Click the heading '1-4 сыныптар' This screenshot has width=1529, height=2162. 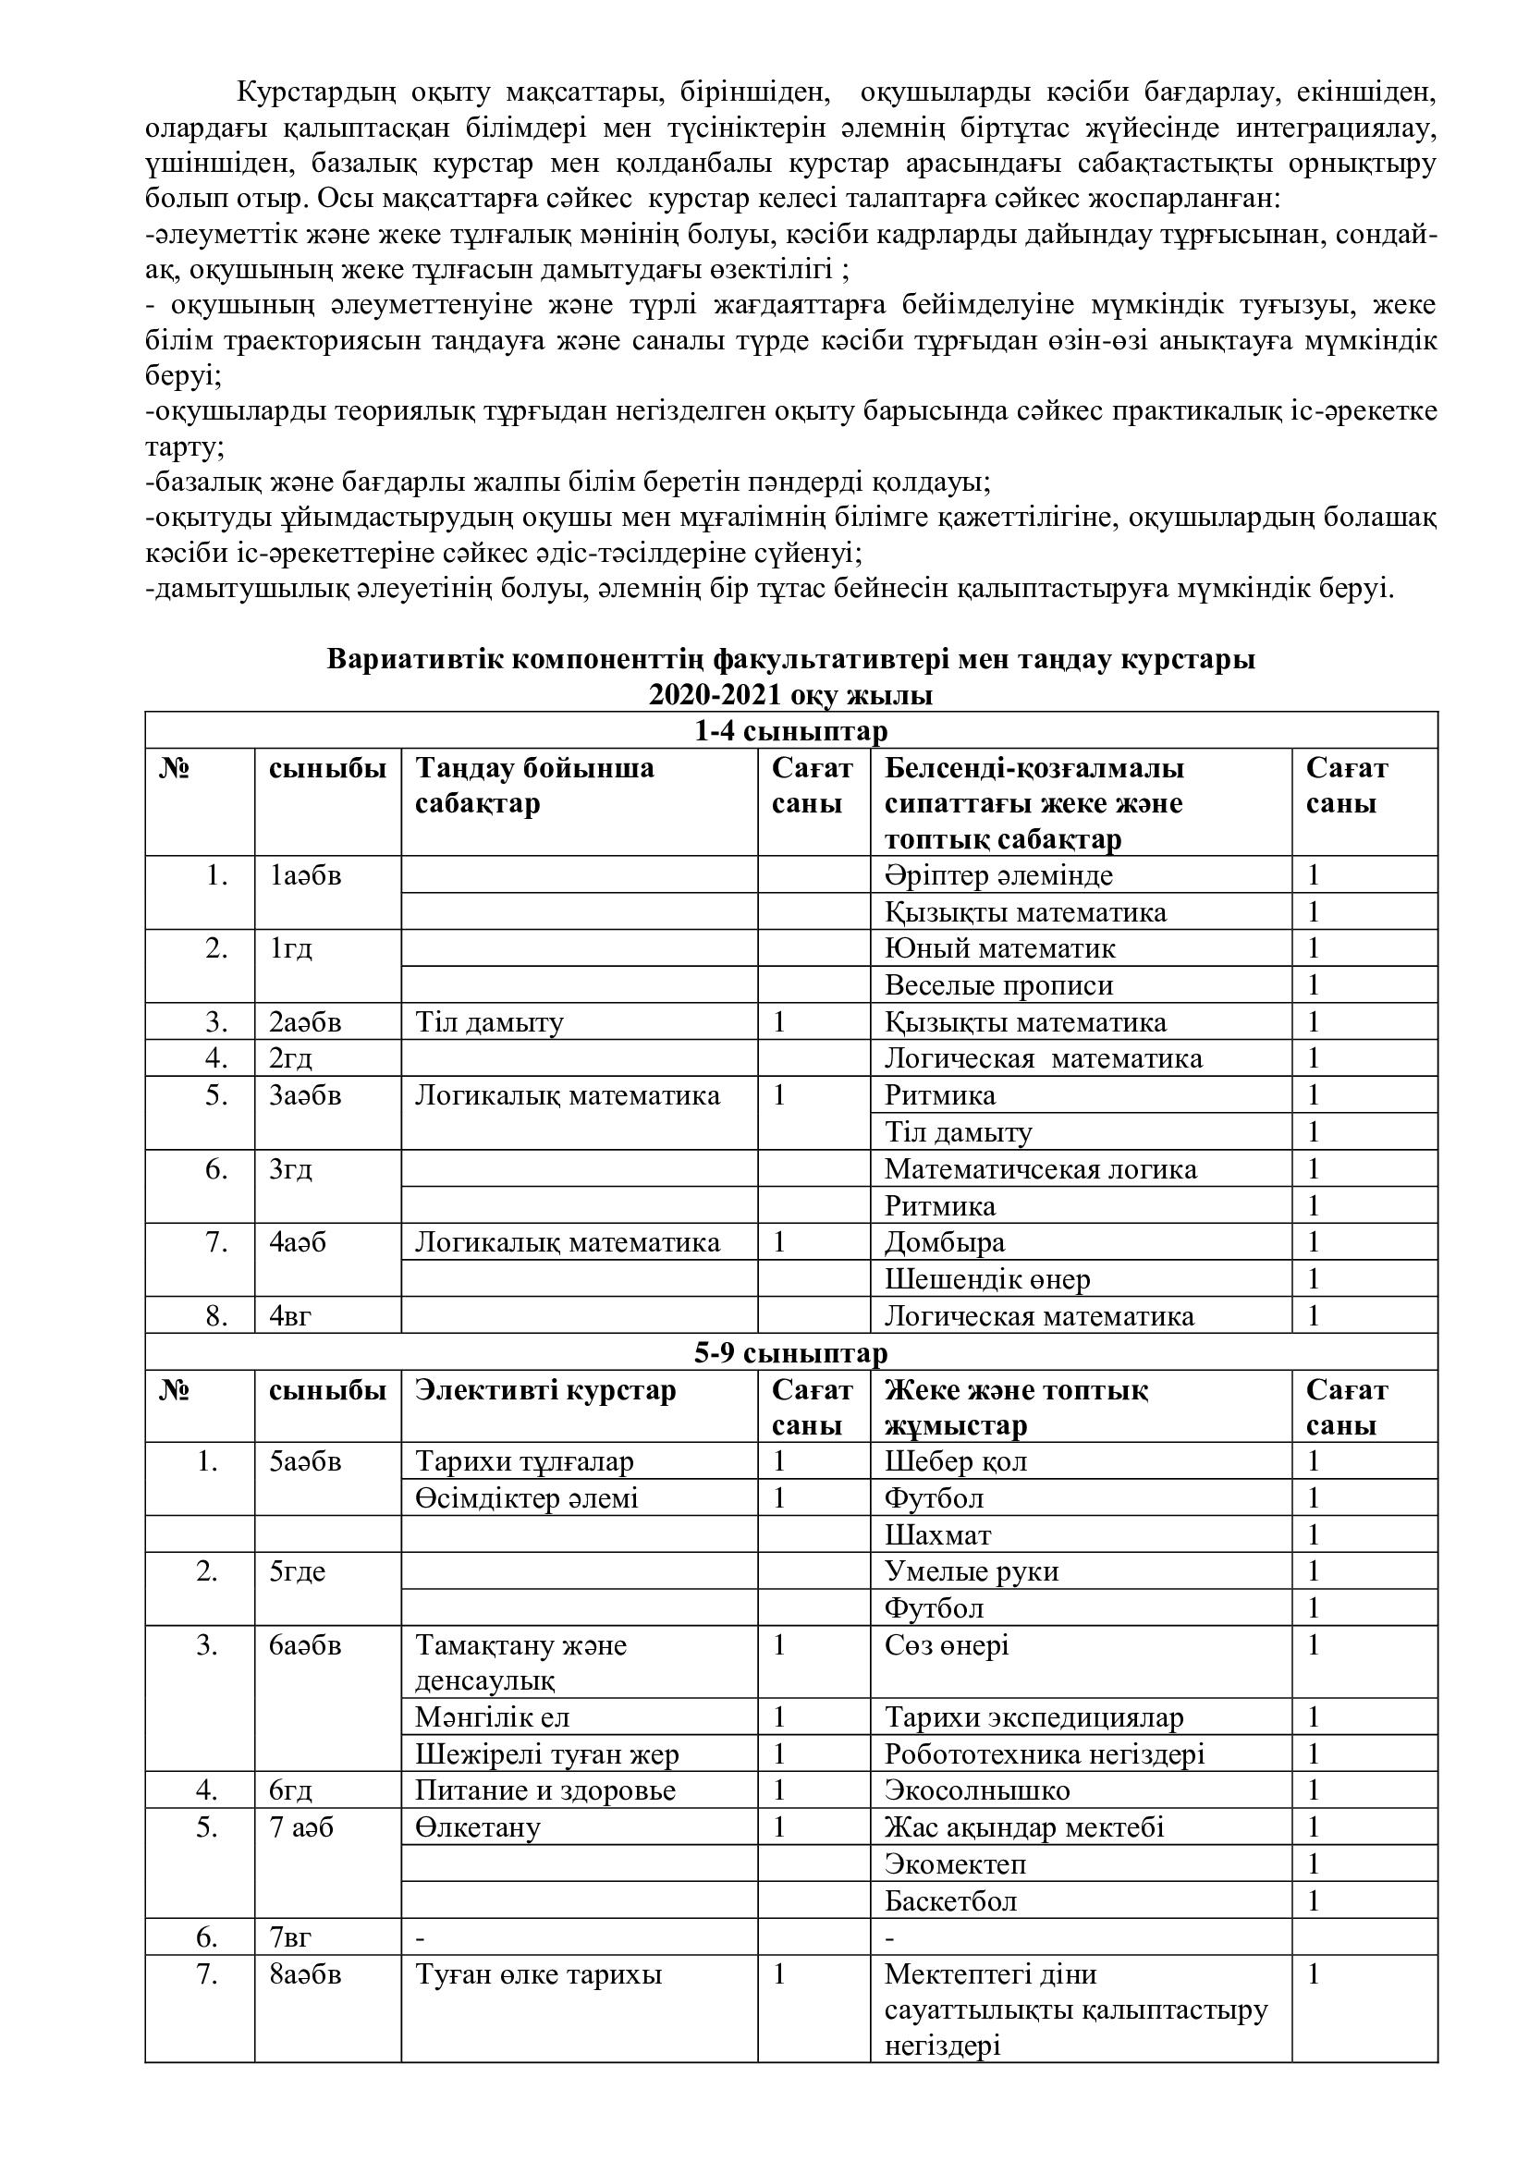click(791, 732)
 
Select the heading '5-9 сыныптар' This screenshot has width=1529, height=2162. click(791, 1353)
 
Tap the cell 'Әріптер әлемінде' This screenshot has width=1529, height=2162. click(998, 875)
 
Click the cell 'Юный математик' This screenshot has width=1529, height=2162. click(1000, 948)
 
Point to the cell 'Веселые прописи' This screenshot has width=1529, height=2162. click(999, 986)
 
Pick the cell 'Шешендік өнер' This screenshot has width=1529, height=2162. click(986, 1279)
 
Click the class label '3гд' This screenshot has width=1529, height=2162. click(291, 1169)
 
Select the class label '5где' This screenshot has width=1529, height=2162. click(298, 1571)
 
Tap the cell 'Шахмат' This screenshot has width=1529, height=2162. click(937, 1535)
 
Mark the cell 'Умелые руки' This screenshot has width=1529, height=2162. click(972, 1571)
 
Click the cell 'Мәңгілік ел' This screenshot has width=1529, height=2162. click(493, 1717)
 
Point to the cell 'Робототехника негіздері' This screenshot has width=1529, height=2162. click(1044, 1754)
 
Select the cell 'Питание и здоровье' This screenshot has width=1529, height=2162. click(545, 1790)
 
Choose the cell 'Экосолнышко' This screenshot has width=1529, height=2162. click(977, 1790)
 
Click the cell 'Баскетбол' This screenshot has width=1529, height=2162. click(951, 1901)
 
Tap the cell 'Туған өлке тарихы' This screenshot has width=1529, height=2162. click(539, 1974)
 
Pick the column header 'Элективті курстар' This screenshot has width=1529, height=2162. click(545, 1391)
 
